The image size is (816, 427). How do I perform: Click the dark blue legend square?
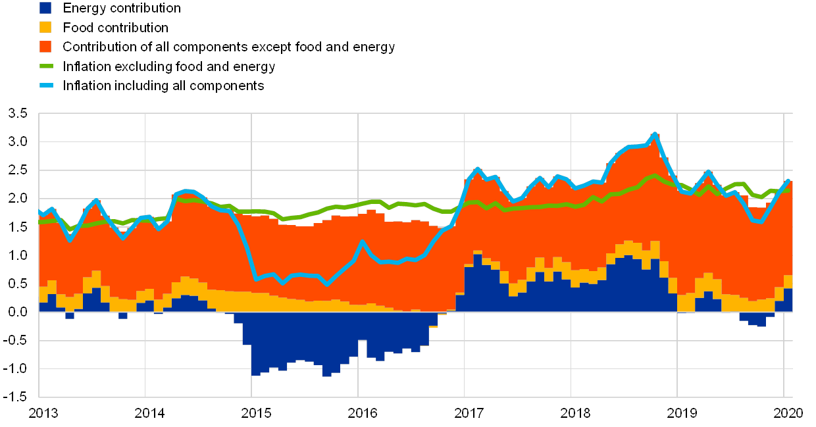[45, 8]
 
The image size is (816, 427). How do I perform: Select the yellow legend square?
[45, 27]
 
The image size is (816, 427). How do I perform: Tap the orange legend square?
[45, 47]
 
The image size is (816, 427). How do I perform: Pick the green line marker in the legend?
[45, 66]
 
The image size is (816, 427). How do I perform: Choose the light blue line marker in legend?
[45, 86]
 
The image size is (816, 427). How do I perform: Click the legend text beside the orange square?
[228, 47]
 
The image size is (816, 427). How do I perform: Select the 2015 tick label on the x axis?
[255, 413]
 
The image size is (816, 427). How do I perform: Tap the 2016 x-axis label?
[362, 413]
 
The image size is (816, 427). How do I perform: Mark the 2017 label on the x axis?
[469, 413]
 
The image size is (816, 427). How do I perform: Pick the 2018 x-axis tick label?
[574, 413]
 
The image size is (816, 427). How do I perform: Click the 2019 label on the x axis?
[680, 413]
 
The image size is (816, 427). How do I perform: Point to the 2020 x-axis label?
[787, 413]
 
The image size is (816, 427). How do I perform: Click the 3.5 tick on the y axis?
[18, 113]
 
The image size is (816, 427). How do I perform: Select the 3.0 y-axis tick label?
[18, 141]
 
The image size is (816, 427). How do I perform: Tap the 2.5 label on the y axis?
[18, 170]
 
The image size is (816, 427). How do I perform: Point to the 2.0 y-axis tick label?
[18, 198]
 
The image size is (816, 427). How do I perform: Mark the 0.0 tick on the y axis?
[18, 312]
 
